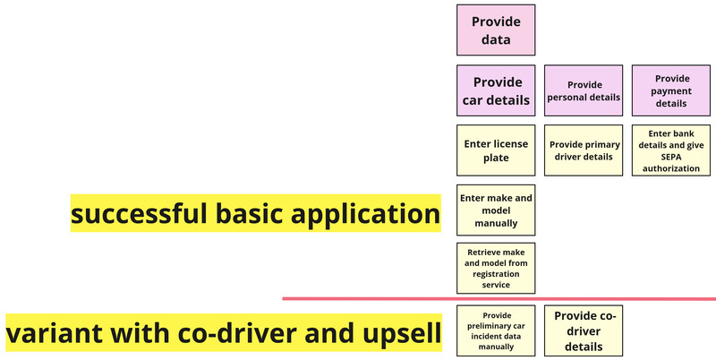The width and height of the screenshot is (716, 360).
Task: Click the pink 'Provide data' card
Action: tap(496, 30)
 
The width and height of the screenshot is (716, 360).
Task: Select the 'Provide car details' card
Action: tap(496, 90)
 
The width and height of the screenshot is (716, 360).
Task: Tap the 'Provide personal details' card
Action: tap(584, 90)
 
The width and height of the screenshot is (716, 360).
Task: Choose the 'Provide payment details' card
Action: tap(671, 90)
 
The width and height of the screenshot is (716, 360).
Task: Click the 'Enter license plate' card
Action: tap(496, 150)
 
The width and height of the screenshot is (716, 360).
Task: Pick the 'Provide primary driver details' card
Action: tap(584, 150)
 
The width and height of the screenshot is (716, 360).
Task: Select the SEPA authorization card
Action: tap(671, 150)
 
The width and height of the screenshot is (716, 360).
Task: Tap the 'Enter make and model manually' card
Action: tap(496, 210)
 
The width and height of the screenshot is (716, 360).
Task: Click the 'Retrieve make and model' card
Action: tap(496, 268)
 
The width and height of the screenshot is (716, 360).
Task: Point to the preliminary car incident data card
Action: tap(496, 330)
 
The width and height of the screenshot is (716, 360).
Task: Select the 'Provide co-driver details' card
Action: tap(584, 330)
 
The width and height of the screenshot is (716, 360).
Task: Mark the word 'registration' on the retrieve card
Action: tap(496, 274)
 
